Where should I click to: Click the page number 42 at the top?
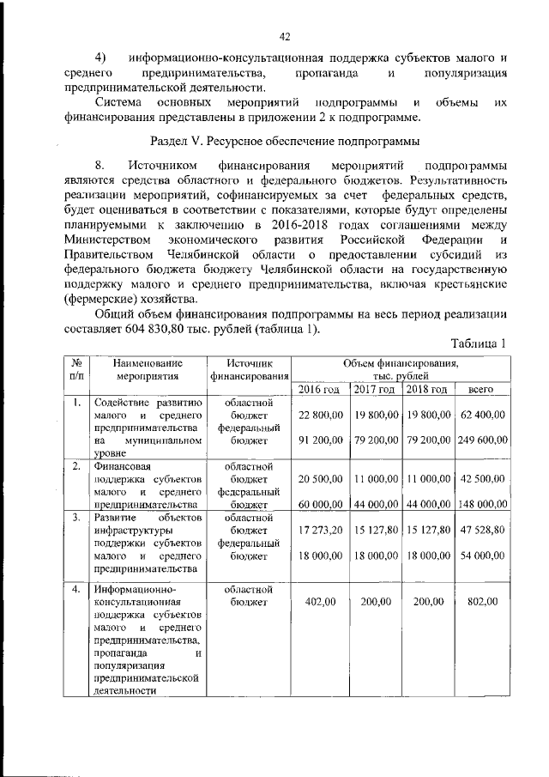(286, 36)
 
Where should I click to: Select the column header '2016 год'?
(320, 390)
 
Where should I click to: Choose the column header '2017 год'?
(376, 390)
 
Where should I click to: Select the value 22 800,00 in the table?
(321, 416)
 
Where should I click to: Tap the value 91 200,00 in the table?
(321, 440)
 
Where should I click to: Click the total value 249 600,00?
(482, 440)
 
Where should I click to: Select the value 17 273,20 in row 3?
(321, 530)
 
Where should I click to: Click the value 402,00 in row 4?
(321, 603)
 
